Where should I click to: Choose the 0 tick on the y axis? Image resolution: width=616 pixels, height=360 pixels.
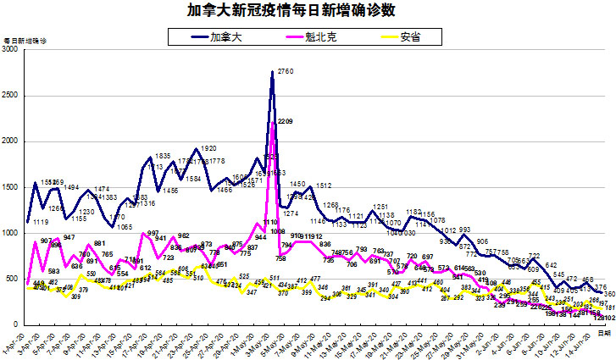[18, 324]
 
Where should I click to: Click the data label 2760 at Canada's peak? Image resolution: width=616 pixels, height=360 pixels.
[285, 72]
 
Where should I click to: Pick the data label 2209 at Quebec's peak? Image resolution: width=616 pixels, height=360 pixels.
[285, 122]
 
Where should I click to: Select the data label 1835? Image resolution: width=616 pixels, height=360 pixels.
[164, 157]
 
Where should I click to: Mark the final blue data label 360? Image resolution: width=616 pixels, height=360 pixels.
[609, 293]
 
